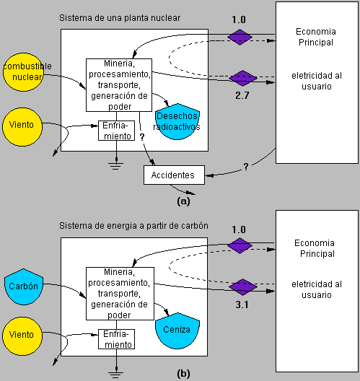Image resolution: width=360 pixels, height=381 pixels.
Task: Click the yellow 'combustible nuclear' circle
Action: (23, 72)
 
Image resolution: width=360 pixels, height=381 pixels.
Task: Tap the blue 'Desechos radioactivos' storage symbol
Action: (177, 121)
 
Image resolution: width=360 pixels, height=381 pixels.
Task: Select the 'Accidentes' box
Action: (174, 175)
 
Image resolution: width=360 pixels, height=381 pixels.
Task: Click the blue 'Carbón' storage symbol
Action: (24, 286)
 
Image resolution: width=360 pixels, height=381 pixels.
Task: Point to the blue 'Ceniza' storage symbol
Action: (177, 330)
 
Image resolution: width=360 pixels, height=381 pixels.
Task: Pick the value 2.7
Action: (242, 95)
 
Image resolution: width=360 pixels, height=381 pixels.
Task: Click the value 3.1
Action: (242, 305)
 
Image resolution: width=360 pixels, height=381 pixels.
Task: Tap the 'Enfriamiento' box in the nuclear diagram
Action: (116, 131)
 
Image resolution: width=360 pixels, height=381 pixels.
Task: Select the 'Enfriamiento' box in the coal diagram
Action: (116, 339)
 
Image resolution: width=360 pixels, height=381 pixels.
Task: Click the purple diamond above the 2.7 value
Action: (243, 78)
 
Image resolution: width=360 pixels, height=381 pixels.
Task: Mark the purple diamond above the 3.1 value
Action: (243, 287)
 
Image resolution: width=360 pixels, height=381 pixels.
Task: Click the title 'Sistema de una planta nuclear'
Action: (120, 18)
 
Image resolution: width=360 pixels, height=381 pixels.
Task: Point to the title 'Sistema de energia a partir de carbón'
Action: (133, 226)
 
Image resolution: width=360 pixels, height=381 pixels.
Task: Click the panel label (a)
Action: (183, 201)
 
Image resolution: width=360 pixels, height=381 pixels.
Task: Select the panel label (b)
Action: (183, 373)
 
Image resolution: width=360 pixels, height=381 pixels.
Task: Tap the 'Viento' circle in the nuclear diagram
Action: (22, 127)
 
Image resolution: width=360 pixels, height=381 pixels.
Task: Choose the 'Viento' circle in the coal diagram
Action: (22, 336)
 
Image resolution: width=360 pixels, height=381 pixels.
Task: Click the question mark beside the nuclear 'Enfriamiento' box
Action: (142, 137)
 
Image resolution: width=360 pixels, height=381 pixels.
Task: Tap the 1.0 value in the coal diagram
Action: (239, 229)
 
